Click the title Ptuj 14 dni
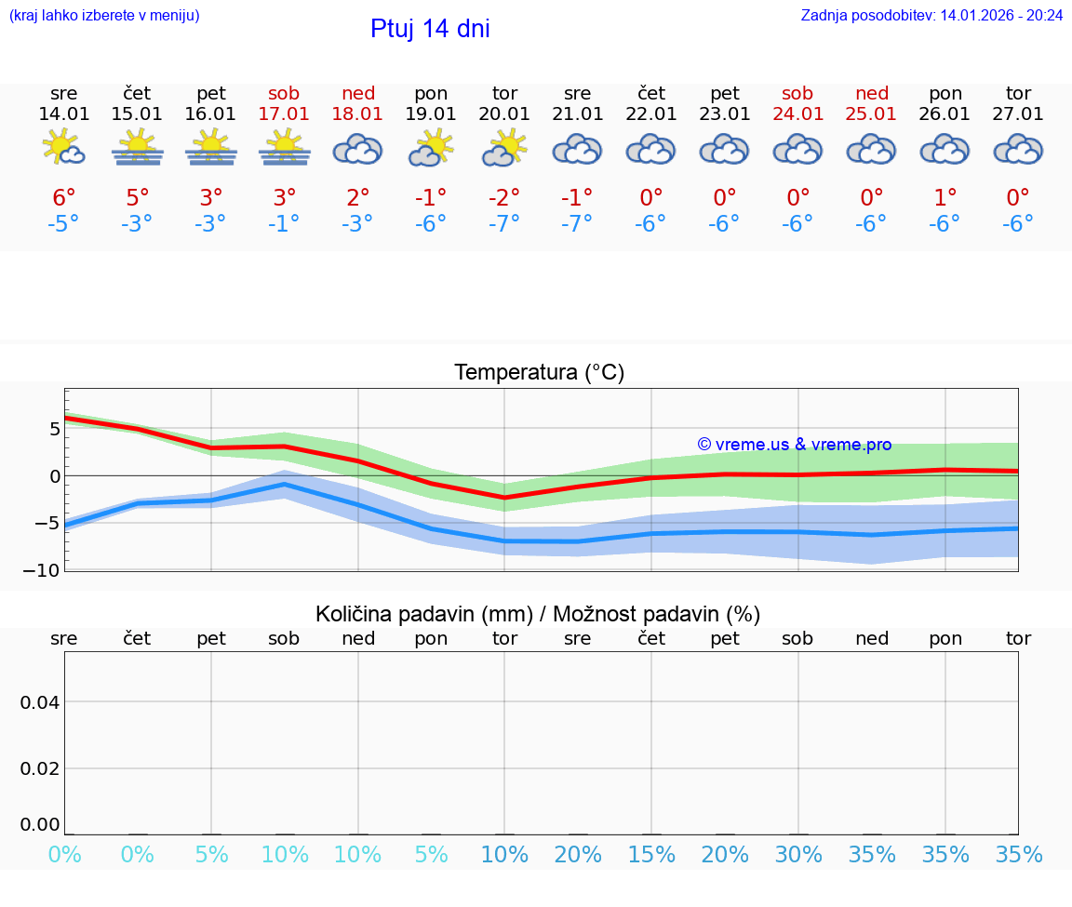[x=430, y=29]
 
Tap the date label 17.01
[x=285, y=114]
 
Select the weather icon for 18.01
[x=358, y=149]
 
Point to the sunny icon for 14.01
[x=64, y=148]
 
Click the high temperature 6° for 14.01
[x=64, y=198]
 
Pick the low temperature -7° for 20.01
[x=504, y=224]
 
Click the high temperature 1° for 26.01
[x=945, y=198]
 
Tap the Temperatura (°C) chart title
[x=539, y=373]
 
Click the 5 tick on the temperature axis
[x=55, y=429]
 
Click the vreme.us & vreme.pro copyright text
[x=794, y=445]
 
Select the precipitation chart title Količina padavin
[x=538, y=614]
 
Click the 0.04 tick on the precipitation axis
[x=40, y=701]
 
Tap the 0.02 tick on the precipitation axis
[x=40, y=767]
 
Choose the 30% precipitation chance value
[x=798, y=855]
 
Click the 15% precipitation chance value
[x=651, y=855]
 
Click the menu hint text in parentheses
[x=104, y=16]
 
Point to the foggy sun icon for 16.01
[x=211, y=148]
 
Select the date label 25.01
[x=871, y=114]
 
